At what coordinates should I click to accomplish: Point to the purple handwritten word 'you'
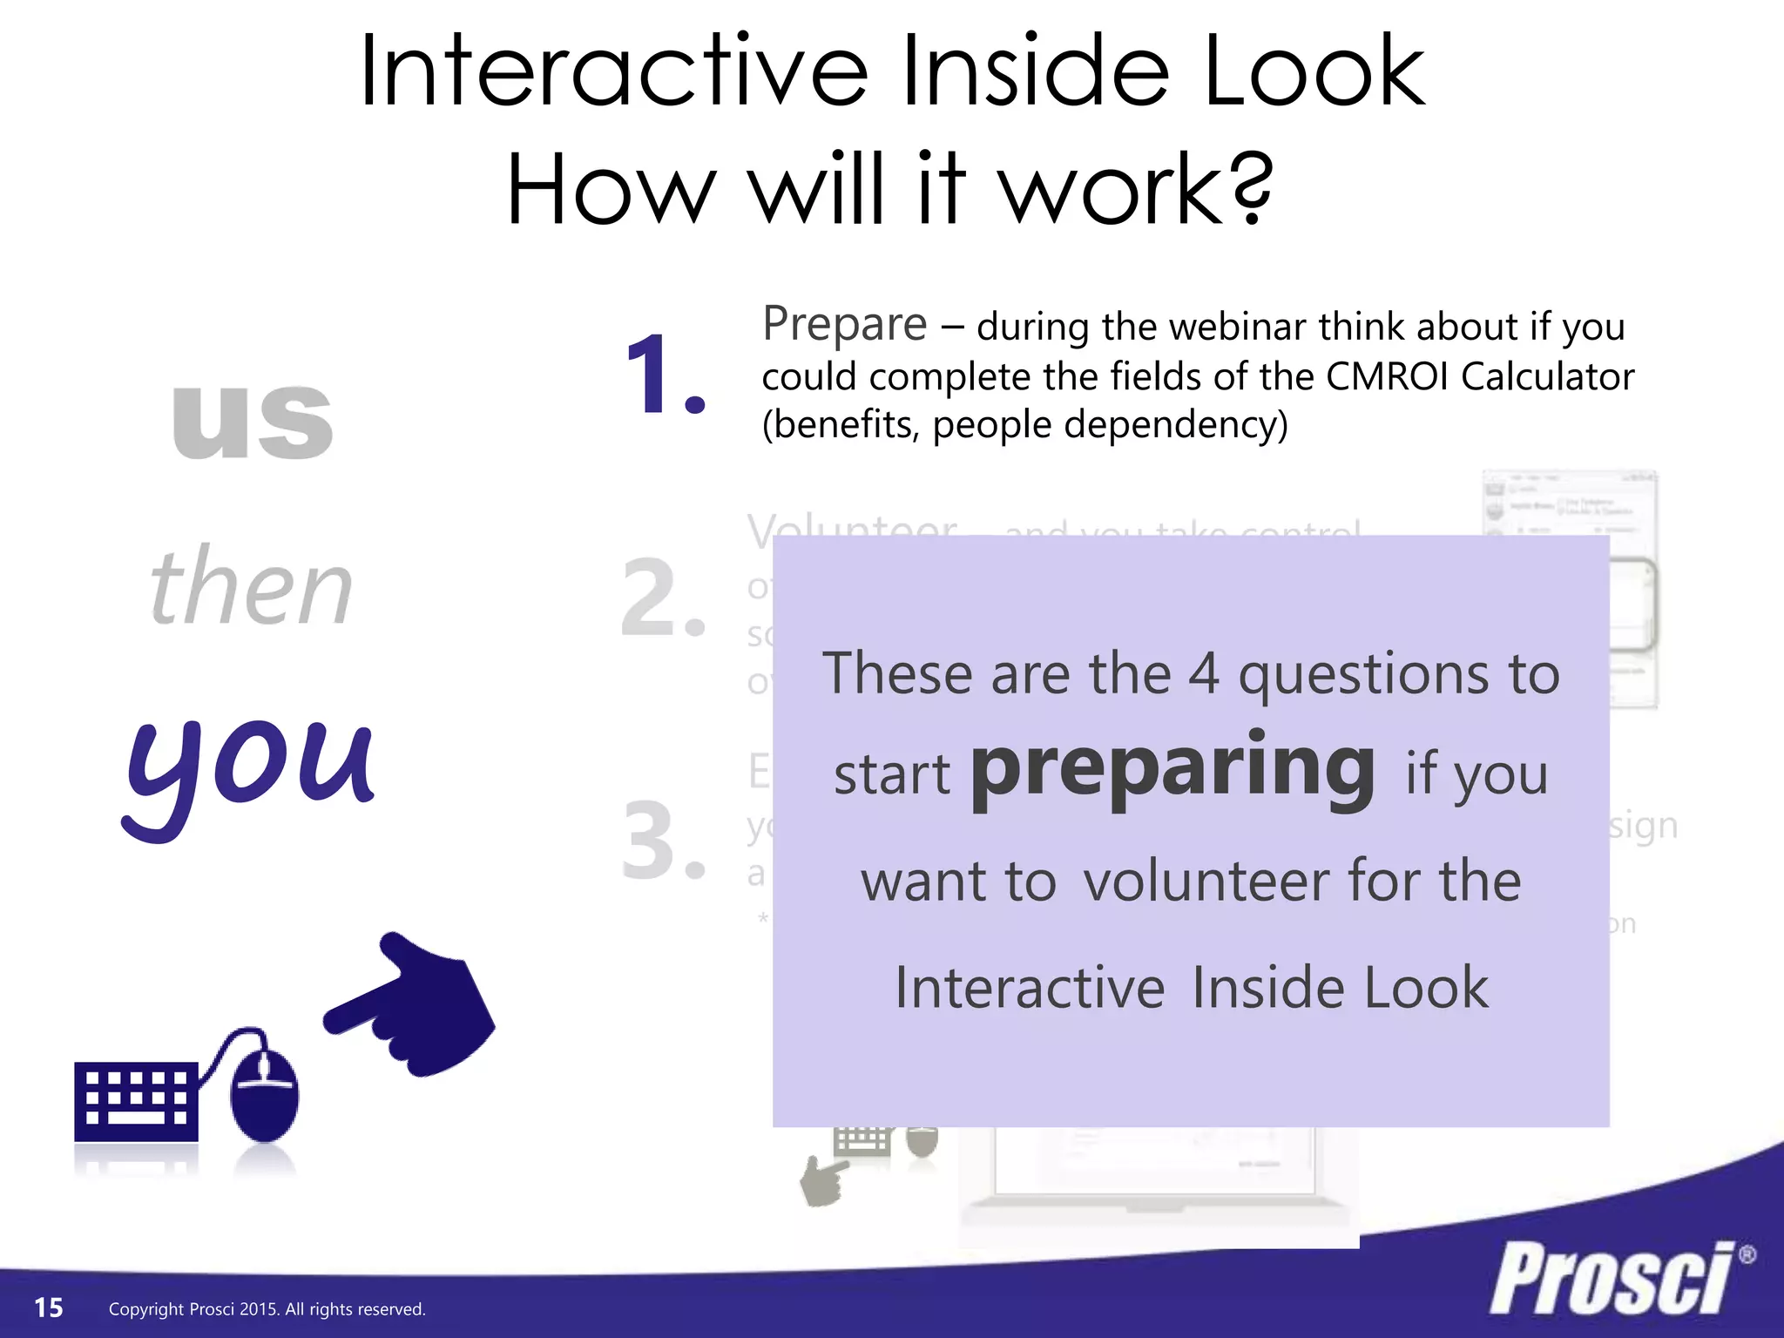click(x=250, y=767)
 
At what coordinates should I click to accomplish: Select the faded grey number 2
click(x=662, y=598)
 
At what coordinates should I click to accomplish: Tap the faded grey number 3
click(x=662, y=841)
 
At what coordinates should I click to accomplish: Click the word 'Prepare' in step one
click(x=844, y=325)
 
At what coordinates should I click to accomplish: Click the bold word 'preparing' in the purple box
click(x=1172, y=768)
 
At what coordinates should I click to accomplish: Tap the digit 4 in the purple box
click(x=1204, y=674)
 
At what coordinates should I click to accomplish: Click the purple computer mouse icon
click(x=264, y=1093)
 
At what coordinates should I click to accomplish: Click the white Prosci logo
click(x=1612, y=1279)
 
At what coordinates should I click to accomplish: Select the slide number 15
click(x=49, y=1308)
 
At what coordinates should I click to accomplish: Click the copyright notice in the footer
click(x=267, y=1308)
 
